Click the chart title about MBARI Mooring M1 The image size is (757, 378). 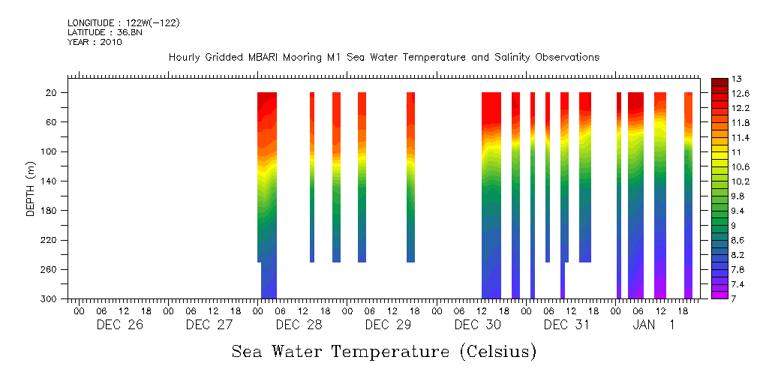(x=383, y=57)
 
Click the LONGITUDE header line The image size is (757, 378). (x=123, y=23)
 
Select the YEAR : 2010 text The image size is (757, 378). (x=95, y=43)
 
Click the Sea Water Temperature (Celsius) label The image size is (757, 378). (x=383, y=351)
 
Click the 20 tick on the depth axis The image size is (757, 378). (x=52, y=92)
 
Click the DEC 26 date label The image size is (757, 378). (x=119, y=325)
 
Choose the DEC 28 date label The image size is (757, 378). (x=299, y=325)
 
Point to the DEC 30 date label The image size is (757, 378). (x=478, y=325)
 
